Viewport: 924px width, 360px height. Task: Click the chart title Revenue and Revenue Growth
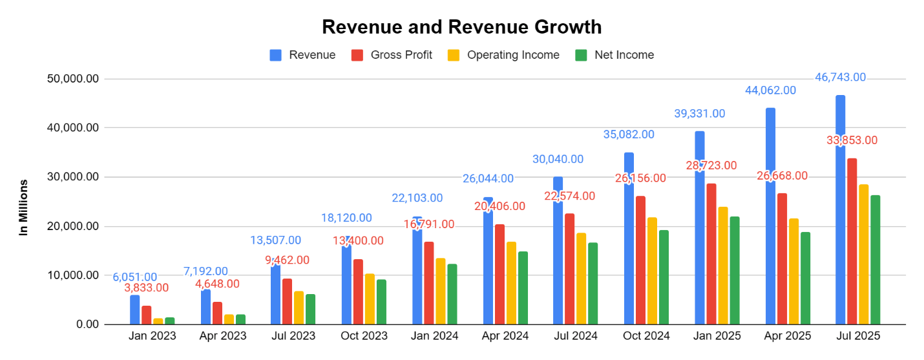(461, 27)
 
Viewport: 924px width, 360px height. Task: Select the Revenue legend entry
(302, 55)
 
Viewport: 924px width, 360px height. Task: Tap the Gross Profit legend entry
(392, 55)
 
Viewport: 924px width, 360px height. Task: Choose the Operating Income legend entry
(503, 55)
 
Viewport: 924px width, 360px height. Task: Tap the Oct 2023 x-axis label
(363, 336)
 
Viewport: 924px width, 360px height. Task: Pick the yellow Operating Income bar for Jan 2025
(723, 266)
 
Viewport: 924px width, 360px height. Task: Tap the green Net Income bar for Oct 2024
(664, 277)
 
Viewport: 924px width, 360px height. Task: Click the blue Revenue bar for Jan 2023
(134, 310)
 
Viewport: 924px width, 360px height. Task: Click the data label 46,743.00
(839, 78)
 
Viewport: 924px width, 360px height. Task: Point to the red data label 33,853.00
(851, 140)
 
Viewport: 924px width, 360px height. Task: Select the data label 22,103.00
(417, 198)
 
